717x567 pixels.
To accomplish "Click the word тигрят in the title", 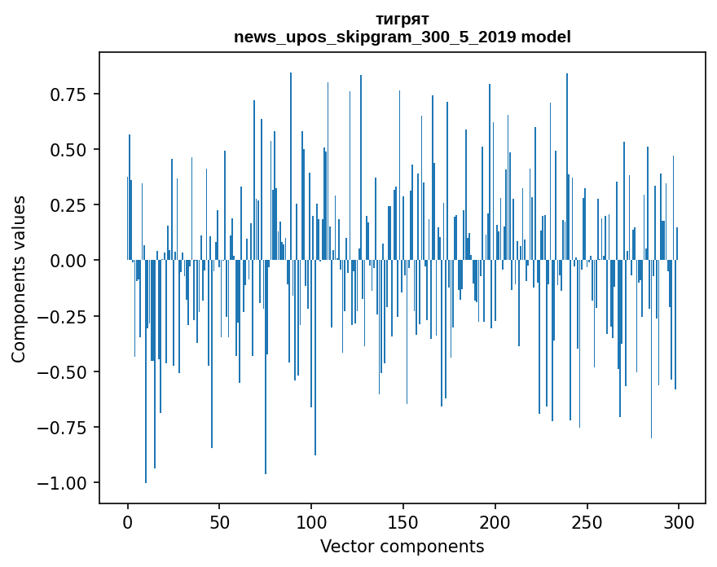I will (x=402, y=19).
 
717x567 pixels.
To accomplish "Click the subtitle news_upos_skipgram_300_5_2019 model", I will (x=402, y=37).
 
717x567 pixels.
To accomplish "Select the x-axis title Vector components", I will (x=402, y=547).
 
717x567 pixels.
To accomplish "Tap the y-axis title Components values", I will (x=19, y=279).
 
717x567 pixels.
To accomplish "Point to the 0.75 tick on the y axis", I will (x=68, y=94).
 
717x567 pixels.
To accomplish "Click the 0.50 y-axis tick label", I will (x=68, y=150).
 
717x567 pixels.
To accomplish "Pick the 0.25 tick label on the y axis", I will (x=68, y=205).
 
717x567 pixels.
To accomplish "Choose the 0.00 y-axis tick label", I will (x=68, y=261).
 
